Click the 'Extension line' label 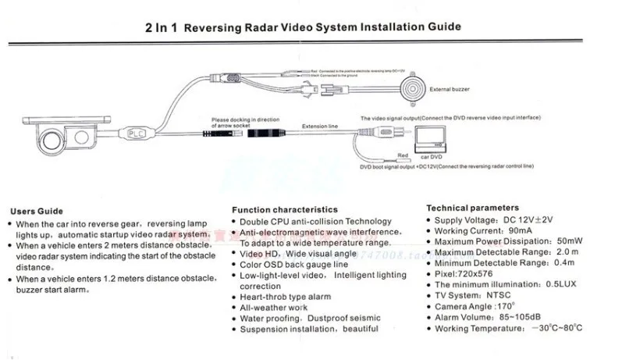325,123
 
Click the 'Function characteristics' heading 285,209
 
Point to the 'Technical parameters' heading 472,208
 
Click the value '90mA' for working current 523,231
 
